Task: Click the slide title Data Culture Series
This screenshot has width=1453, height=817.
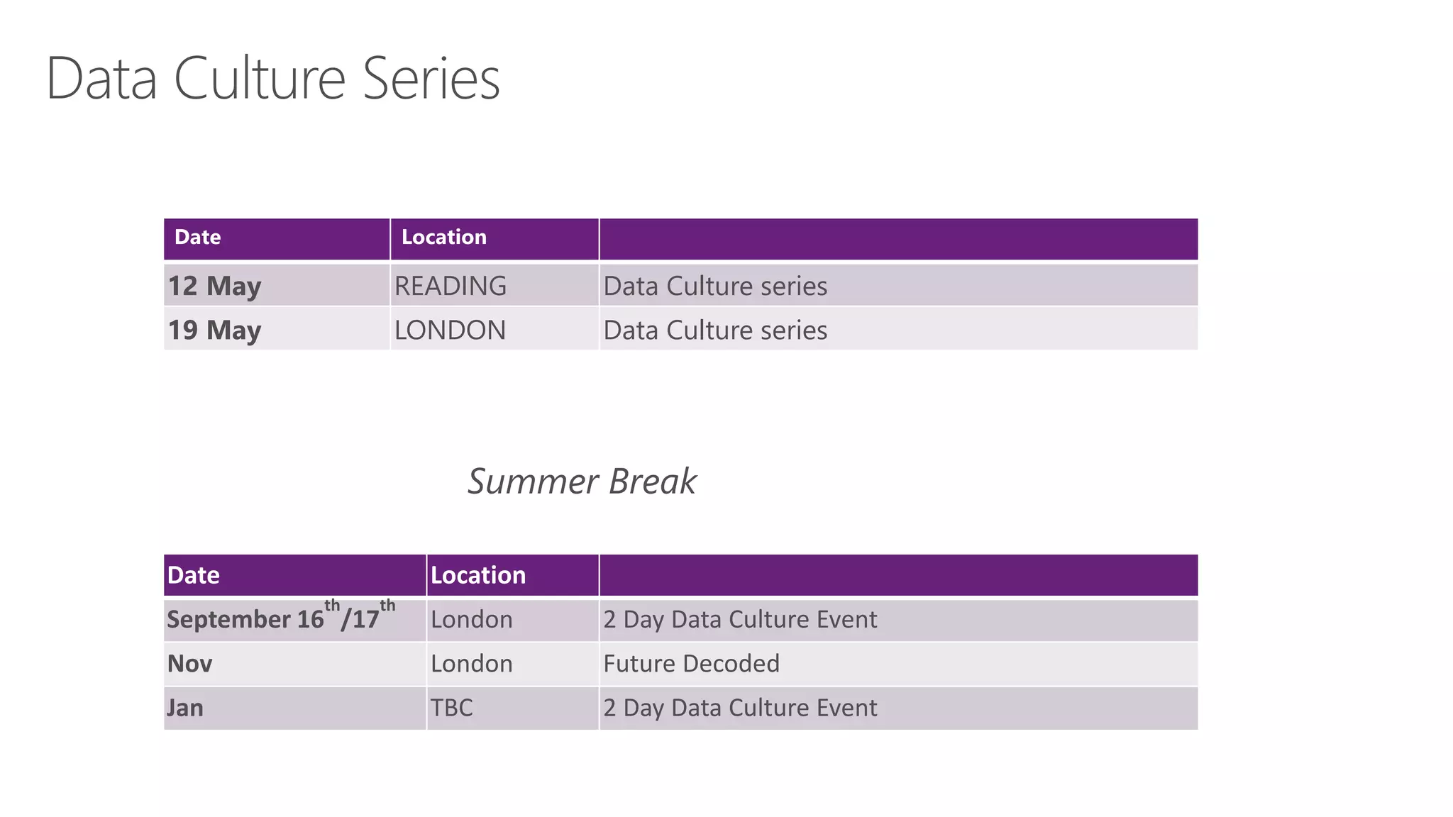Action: [273, 78]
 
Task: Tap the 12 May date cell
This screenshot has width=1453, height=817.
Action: [214, 286]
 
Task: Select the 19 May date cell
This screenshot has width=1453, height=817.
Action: [214, 330]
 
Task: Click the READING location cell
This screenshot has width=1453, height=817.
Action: [451, 286]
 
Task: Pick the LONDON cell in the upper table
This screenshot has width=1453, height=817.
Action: [450, 330]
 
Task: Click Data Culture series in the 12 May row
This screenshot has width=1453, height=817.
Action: [715, 286]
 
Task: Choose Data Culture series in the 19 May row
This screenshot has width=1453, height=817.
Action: [715, 330]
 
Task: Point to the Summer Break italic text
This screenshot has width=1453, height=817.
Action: [582, 482]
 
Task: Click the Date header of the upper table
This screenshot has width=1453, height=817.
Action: [197, 237]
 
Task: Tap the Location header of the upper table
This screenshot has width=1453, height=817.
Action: [444, 237]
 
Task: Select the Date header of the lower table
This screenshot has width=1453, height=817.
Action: [193, 575]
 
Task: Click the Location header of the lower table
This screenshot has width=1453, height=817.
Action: [478, 575]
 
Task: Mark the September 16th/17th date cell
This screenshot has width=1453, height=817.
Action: [280, 618]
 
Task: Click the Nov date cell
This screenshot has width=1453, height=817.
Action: [189, 663]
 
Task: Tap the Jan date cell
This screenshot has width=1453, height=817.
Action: [185, 707]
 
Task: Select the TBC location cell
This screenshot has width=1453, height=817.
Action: [451, 707]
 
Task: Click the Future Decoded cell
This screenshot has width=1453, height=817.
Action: [691, 663]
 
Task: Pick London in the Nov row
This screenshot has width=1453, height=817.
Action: [471, 663]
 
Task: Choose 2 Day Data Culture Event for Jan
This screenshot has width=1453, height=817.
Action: [740, 707]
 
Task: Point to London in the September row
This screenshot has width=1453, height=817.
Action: [471, 619]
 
